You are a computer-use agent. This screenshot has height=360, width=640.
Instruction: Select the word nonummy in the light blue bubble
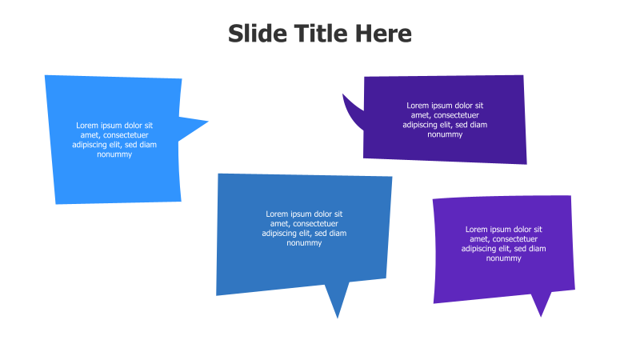114,154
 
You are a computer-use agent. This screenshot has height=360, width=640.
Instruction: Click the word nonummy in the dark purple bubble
445,134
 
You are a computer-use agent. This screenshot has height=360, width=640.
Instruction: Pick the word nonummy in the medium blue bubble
304,243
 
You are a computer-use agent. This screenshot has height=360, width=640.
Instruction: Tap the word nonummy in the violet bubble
503,258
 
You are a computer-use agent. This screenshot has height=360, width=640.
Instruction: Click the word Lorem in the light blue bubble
87,126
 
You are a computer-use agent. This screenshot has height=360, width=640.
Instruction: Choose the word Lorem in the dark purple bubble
418,106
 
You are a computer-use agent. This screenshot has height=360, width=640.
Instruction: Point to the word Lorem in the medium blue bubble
277,214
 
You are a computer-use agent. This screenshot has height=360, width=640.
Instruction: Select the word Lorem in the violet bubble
477,230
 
